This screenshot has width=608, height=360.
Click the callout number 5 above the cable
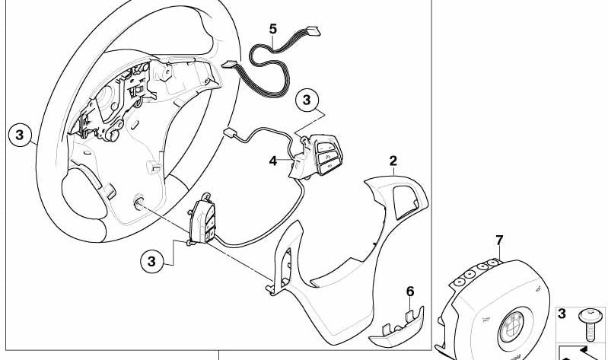click(x=273, y=29)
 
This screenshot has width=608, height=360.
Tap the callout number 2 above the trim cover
click(x=393, y=161)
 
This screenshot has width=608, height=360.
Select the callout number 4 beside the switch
click(x=273, y=161)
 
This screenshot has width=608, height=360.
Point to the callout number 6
click(x=410, y=291)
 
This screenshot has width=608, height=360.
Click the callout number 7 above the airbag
click(x=499, y=241)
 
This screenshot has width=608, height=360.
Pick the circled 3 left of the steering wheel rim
click(x=19, y=135)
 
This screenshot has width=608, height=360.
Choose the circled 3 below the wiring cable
click(x=307, y=100)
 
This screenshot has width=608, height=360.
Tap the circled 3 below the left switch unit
click(x=151, y=262)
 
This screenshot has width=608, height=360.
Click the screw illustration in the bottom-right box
click(x=589, y=324)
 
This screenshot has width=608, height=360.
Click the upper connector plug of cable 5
click(x=312, y=30)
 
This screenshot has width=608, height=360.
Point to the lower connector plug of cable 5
click(x=230, y=65)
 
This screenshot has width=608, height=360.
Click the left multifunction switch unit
click(x=203, y=219)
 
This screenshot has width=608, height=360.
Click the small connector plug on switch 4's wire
click(x=231, y=132)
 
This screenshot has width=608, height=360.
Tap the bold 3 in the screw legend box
click(x=562, y=314)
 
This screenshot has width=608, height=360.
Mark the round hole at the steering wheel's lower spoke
click(x=139, y=204)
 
